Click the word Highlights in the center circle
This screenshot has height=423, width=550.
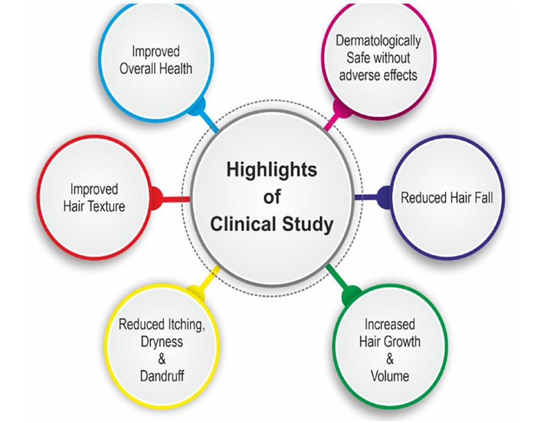(x=272, y=171)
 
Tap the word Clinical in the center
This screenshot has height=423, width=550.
(x=244, y=224)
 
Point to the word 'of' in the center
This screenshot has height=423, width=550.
(x=272, y=197)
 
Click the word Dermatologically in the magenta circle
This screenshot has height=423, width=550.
(x=378, y=42)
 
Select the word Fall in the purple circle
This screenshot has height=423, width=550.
(x=484, y=197)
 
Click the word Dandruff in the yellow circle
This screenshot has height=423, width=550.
(x=162, y=376)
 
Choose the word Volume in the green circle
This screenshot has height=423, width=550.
(x=390, y=376)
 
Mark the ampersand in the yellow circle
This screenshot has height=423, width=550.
(x=161, y=359)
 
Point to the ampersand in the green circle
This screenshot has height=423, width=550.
(x=390, y=359)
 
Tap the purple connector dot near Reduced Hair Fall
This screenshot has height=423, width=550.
(x=384, y=197)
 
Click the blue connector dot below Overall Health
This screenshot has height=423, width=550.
(x=196, y=106)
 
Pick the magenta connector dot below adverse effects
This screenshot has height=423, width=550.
(x=342, y=109)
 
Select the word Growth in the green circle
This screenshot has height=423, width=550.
(x=402, y=341)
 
